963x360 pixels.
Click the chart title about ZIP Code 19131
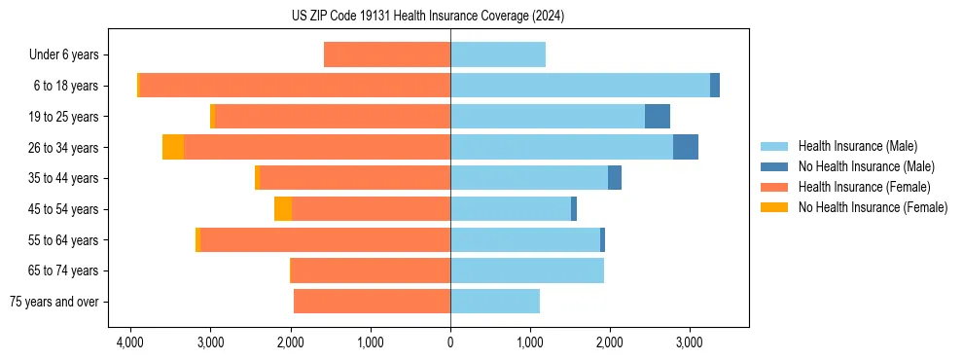(x=427, y=17)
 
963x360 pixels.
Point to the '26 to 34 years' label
(x=63, y=148)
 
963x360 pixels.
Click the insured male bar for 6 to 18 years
(x=580, y=86)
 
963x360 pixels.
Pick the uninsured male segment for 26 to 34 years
(x=685, y=147)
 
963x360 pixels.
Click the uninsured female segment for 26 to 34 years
(x=173, y=147)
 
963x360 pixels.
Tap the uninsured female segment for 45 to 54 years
(x=283, y=209)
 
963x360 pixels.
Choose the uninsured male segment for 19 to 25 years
(x=658, y=116)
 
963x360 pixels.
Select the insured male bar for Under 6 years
(x=498, y=54)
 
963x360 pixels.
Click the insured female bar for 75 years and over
(x=372, y=302)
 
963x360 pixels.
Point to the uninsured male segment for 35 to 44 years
(x=615, y=178)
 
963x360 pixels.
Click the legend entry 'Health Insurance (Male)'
(x=857, y=146)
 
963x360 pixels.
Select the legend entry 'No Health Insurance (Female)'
(x=873, y=207)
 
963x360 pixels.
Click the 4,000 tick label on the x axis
(x=130, y=343)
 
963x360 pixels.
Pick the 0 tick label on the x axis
(x=450, y=343)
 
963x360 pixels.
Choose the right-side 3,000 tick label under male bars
(x=689, y=343)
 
